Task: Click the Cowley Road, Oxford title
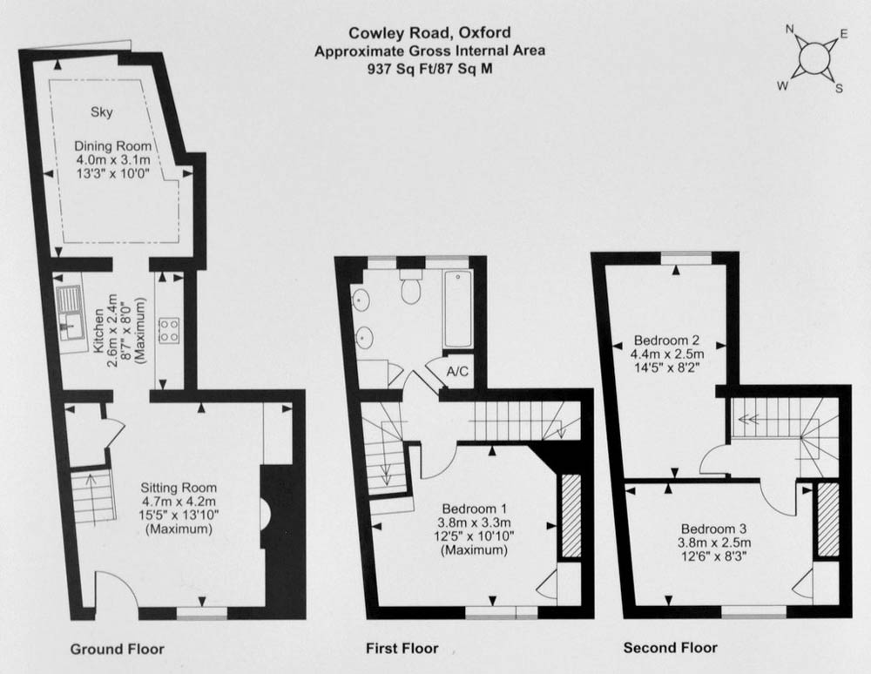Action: pos(429,33)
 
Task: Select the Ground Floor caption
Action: pos(118,649)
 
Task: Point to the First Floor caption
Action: pos(402,648)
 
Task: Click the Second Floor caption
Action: pos(671,647)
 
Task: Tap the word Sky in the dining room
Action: pos(102,112)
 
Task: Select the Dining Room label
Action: pos(112,146)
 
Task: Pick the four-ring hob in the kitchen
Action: pos(170,329)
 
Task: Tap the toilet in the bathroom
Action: pos(410,287)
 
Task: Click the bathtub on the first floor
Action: pos(458,309)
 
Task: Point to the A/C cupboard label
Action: pos(458,371)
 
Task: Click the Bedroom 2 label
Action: pos(666,340)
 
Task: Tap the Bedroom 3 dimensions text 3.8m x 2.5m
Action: pos(714,543)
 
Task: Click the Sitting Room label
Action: pos(179,488)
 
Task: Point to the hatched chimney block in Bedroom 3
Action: pos(827,520)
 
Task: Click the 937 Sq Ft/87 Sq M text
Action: pos(429,69)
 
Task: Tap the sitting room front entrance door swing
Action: pos(116,590)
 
